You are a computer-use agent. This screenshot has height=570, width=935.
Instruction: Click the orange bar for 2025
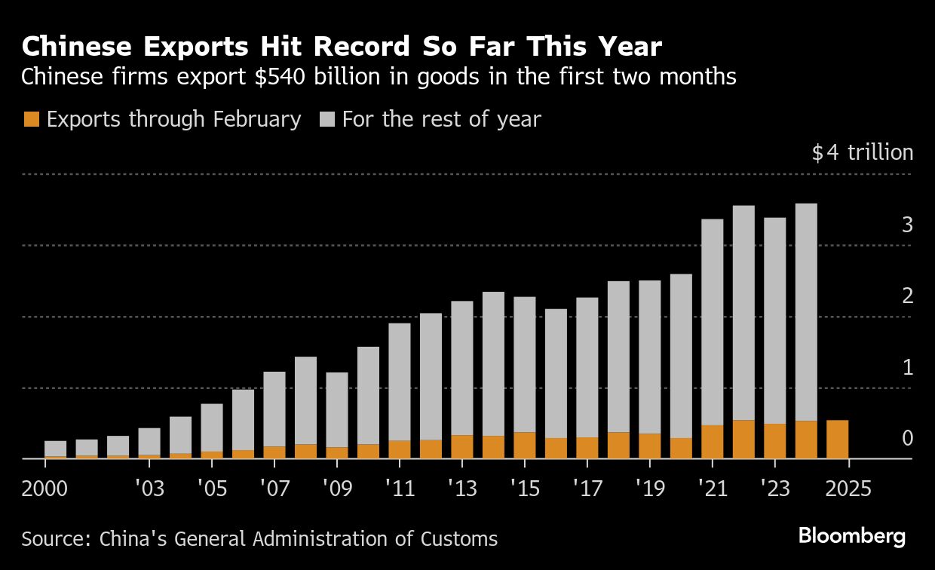click(837, 440)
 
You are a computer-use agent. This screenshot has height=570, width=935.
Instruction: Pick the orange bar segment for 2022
click(743, 440)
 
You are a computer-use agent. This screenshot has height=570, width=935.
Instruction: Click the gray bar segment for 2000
click(56, 449)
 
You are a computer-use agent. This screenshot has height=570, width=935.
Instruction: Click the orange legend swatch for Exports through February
click(32, 119)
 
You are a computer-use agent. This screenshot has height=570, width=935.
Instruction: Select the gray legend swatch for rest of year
click(327, 119)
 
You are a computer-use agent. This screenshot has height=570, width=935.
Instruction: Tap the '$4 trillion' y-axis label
click(863, 153)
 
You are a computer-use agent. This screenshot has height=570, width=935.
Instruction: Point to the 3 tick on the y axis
click(908, 225)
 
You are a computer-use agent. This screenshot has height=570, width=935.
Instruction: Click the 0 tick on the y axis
click(908, 438)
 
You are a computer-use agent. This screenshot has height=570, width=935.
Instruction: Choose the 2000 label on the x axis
click(44, 489)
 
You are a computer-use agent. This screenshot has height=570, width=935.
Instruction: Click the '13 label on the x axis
click(461, 489)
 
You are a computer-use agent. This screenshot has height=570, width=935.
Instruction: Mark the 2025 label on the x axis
click(848, 489)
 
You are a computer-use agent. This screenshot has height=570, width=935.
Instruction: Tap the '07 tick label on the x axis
click(274, 489)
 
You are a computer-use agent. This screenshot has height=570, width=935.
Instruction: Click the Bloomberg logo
click(852, 537)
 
